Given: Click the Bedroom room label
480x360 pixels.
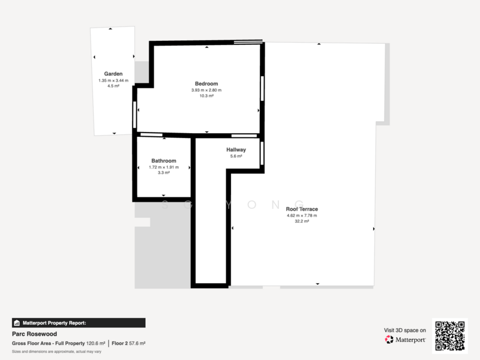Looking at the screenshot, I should pyautogui.click(x=206, y=83).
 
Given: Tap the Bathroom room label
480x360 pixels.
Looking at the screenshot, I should pyautogui.click(x=163, y=161).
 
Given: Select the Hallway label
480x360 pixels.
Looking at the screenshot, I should pyautogui.click(x=236, y=149).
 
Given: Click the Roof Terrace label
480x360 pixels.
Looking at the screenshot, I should pyautogui.click(x=302, y=209).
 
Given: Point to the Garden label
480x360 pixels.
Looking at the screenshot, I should pyautogui.click(x=113, y=74).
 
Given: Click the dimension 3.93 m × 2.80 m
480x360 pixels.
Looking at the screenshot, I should pyautogui.click(x=206, y=90).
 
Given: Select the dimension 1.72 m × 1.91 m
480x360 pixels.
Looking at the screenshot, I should pyautogui.click(x=163, y=167).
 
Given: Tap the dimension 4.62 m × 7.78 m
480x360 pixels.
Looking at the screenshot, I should pyautogui.click(x=302, y=215).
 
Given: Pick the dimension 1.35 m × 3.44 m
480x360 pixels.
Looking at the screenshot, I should pyautogui.click(x=113, y=80).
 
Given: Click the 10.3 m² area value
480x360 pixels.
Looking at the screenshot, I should pyautogui.click(x=206, y=96).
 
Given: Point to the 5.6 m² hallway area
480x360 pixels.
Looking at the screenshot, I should pyautogui.click(x=236, y=156).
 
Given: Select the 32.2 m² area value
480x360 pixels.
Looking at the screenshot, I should pyautogui.click(x=302, y=221).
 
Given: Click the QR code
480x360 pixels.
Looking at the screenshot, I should pyautogui.click(x=450, y=335).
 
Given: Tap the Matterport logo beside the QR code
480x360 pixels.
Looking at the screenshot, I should pyautogui.click(x=406, y=340).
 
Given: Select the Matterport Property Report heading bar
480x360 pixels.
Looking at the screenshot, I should pyautogui.click(x=78, y=322).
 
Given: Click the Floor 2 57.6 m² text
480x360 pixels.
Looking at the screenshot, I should pyautogui.click(x=128, y=343).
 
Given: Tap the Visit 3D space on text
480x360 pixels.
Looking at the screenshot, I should pyautogui.click(x=405, y=330).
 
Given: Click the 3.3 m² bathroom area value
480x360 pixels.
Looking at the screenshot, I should pyautogui.click(x=163, y=173).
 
